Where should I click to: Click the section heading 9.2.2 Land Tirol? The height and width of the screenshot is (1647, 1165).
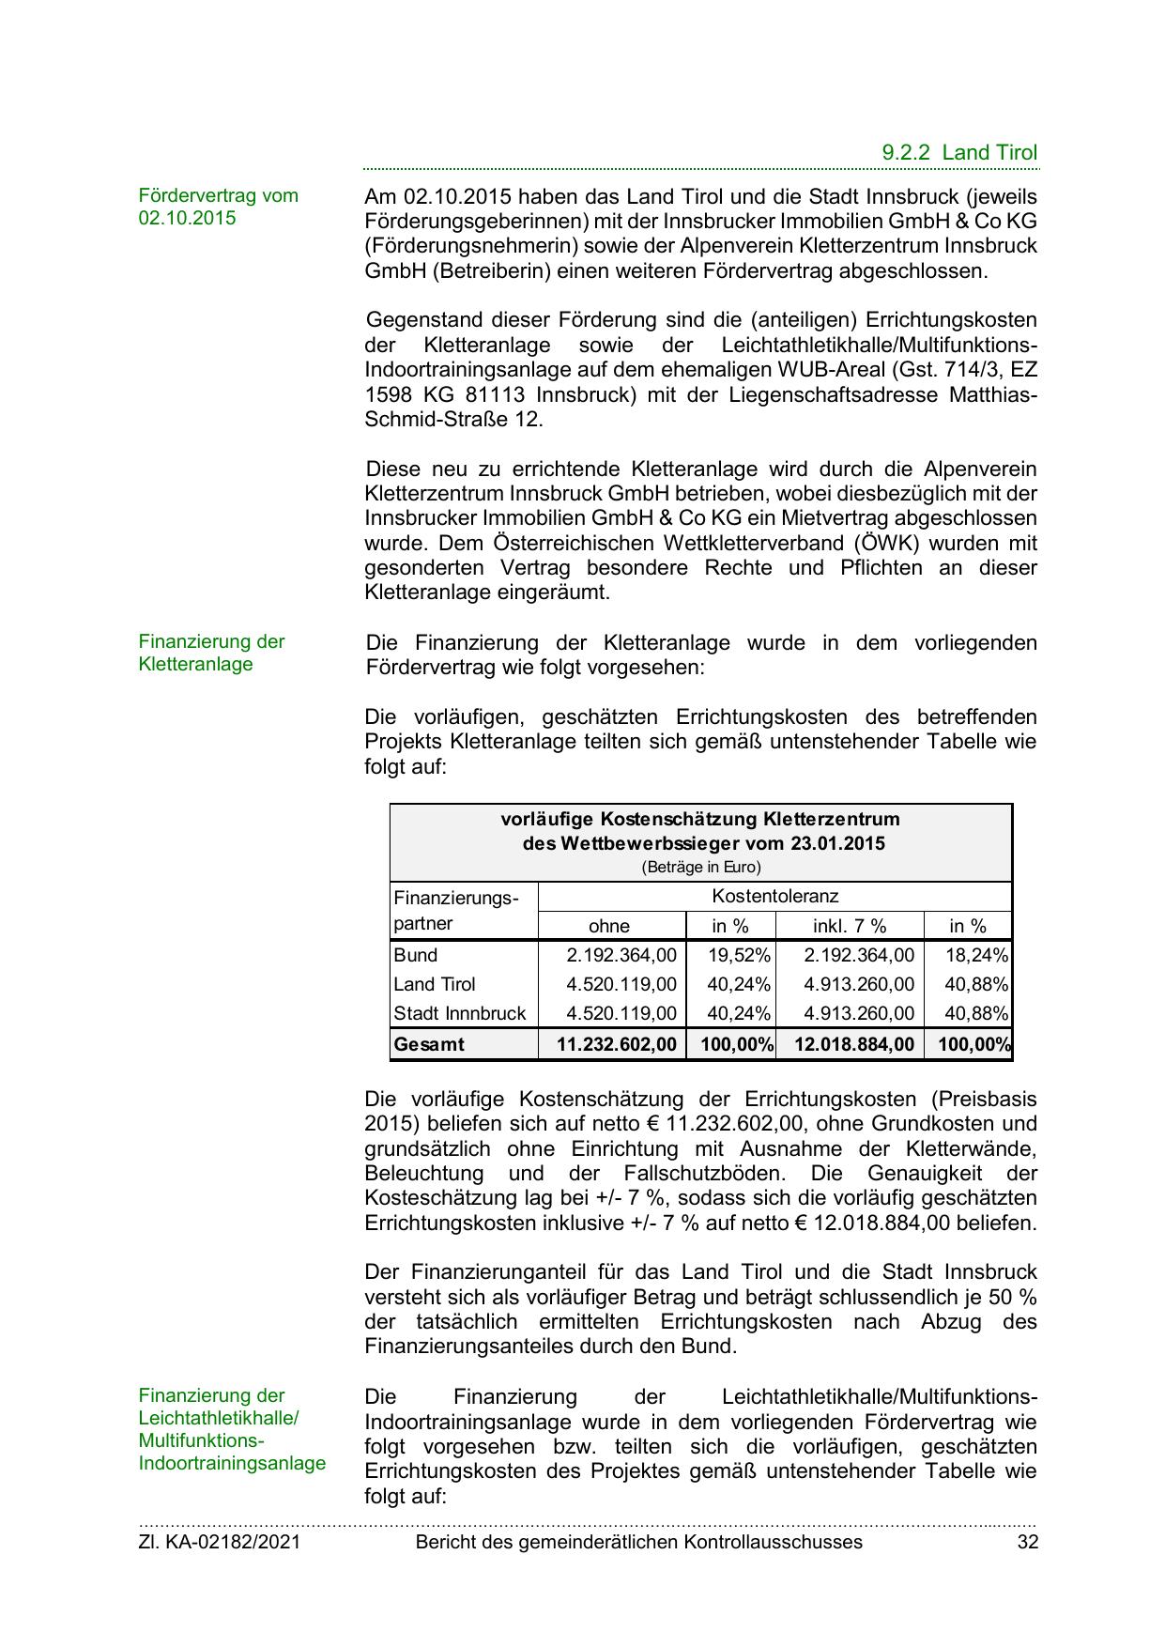point(959,153)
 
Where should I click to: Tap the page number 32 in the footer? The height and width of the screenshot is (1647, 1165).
point(1027,1541)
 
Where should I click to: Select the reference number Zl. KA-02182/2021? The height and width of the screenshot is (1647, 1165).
point(220,1541)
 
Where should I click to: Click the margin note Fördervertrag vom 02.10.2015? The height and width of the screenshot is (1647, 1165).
point(218,207)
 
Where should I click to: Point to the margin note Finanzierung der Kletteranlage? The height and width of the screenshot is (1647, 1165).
point(211,653)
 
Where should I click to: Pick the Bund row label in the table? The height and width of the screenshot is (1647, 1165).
point(416,955)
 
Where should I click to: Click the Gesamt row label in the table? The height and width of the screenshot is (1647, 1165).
point(429,1044)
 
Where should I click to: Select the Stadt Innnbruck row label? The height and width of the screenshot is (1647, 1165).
point(460,1013)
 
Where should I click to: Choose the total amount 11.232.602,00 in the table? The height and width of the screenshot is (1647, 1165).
point(616,1044)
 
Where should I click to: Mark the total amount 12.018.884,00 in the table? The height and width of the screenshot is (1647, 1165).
point(853,1044)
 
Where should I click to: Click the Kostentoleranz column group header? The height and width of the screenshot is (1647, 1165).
point(774,896)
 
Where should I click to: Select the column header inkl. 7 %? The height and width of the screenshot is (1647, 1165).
point(849,926)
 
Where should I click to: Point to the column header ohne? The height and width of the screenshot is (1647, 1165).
point(609,926)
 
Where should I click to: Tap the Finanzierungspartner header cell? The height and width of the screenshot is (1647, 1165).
point(455,911)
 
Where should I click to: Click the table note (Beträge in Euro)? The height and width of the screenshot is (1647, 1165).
point(700,868)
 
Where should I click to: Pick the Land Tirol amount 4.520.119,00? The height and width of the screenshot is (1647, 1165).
point(621,984)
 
